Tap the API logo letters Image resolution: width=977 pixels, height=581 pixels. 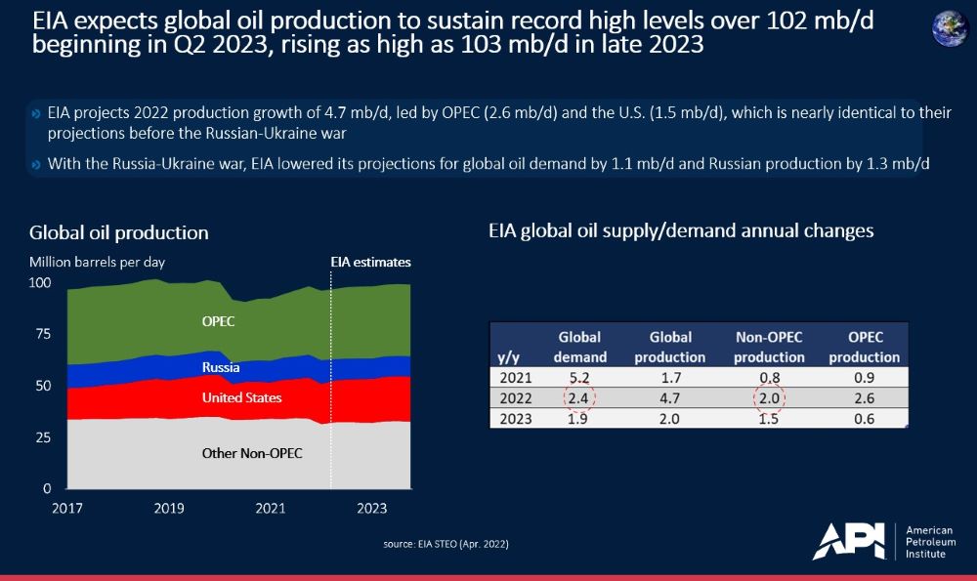pyautogui.click(x=848, y=541)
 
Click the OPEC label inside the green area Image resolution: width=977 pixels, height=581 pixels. pyautogui.click(x=218, y=320)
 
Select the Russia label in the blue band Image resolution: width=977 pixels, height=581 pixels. pyautogui.click(x=221, y=368)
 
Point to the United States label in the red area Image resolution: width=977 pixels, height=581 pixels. pyautogui.click(x=241, y=398)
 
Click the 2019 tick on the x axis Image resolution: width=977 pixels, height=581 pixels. pyautogui.click(x=169, y=508)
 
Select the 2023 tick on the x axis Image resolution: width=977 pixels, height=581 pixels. pyautogui.click(x=372, y=508)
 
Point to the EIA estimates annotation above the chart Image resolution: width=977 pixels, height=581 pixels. pyautogui.click(x=368, y=263)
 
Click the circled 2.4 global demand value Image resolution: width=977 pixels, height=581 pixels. pyautogui.click(x=579, y=398)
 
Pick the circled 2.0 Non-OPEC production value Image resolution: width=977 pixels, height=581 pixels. pyautogui.click(x=769, y=398)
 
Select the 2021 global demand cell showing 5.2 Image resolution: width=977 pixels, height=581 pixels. pyautogui.click(x=579, y=378)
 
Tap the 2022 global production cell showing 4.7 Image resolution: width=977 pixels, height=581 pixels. pyautogui.click(x=670, y=398)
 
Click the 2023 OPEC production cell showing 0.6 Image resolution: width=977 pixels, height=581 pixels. pyautogui.click(x=862, y=419)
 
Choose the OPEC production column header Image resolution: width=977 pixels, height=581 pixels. pyautogui.click(x=862, y=347)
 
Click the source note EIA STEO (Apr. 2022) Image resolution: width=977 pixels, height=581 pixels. pyautogui.click(x=446, y=543)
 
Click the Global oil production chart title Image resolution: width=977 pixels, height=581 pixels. pyautogui.click(x=119, y=232)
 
